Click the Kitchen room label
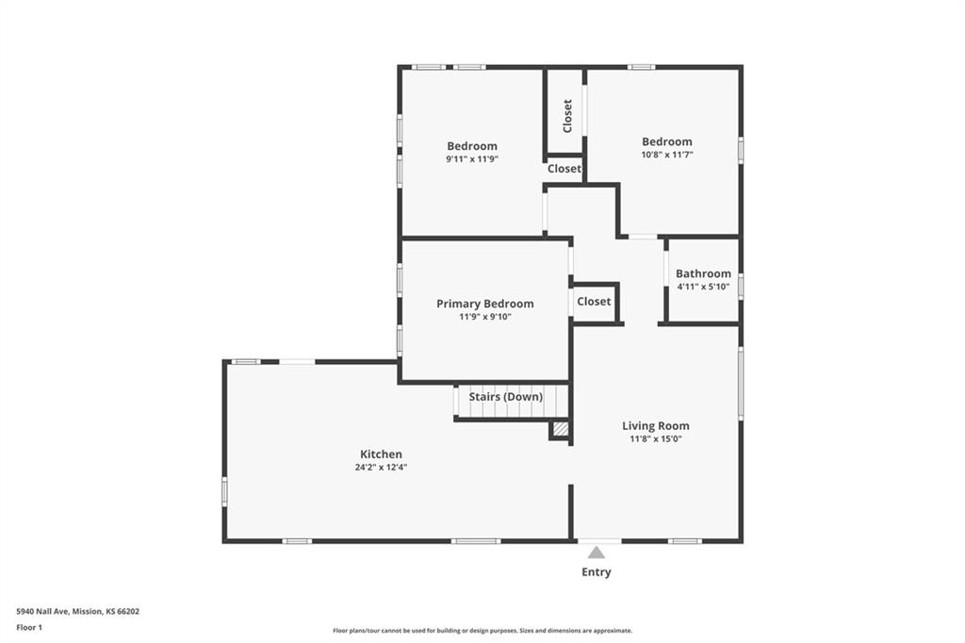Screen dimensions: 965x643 click(381, 454)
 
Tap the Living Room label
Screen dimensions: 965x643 click(656, 425)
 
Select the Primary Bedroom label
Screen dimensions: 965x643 click(485, 304)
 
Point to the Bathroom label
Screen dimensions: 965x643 click(703, 273)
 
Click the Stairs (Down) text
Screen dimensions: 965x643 click(506, 397)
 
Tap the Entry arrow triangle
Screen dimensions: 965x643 click(596, 552)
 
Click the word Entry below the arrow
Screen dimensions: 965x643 click(597, 572)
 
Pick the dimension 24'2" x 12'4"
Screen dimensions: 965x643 click(381, 468)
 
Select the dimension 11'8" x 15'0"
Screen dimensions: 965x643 click(656, 439)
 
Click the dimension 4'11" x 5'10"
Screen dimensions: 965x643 click(703, 287)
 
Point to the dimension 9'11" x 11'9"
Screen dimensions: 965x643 click(472, 159)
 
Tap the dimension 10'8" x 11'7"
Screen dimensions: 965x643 click(667, 155)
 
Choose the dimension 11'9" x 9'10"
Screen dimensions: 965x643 click(485, 317)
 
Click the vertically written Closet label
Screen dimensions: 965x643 click(567, 116)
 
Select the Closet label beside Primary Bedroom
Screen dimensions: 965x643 click(594, 301)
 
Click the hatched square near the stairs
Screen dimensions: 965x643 click(560, 429)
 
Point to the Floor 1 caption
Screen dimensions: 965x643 click(29, 628)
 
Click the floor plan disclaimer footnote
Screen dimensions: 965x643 click(482, 631)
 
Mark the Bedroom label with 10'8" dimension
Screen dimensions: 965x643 click(667, 141)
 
